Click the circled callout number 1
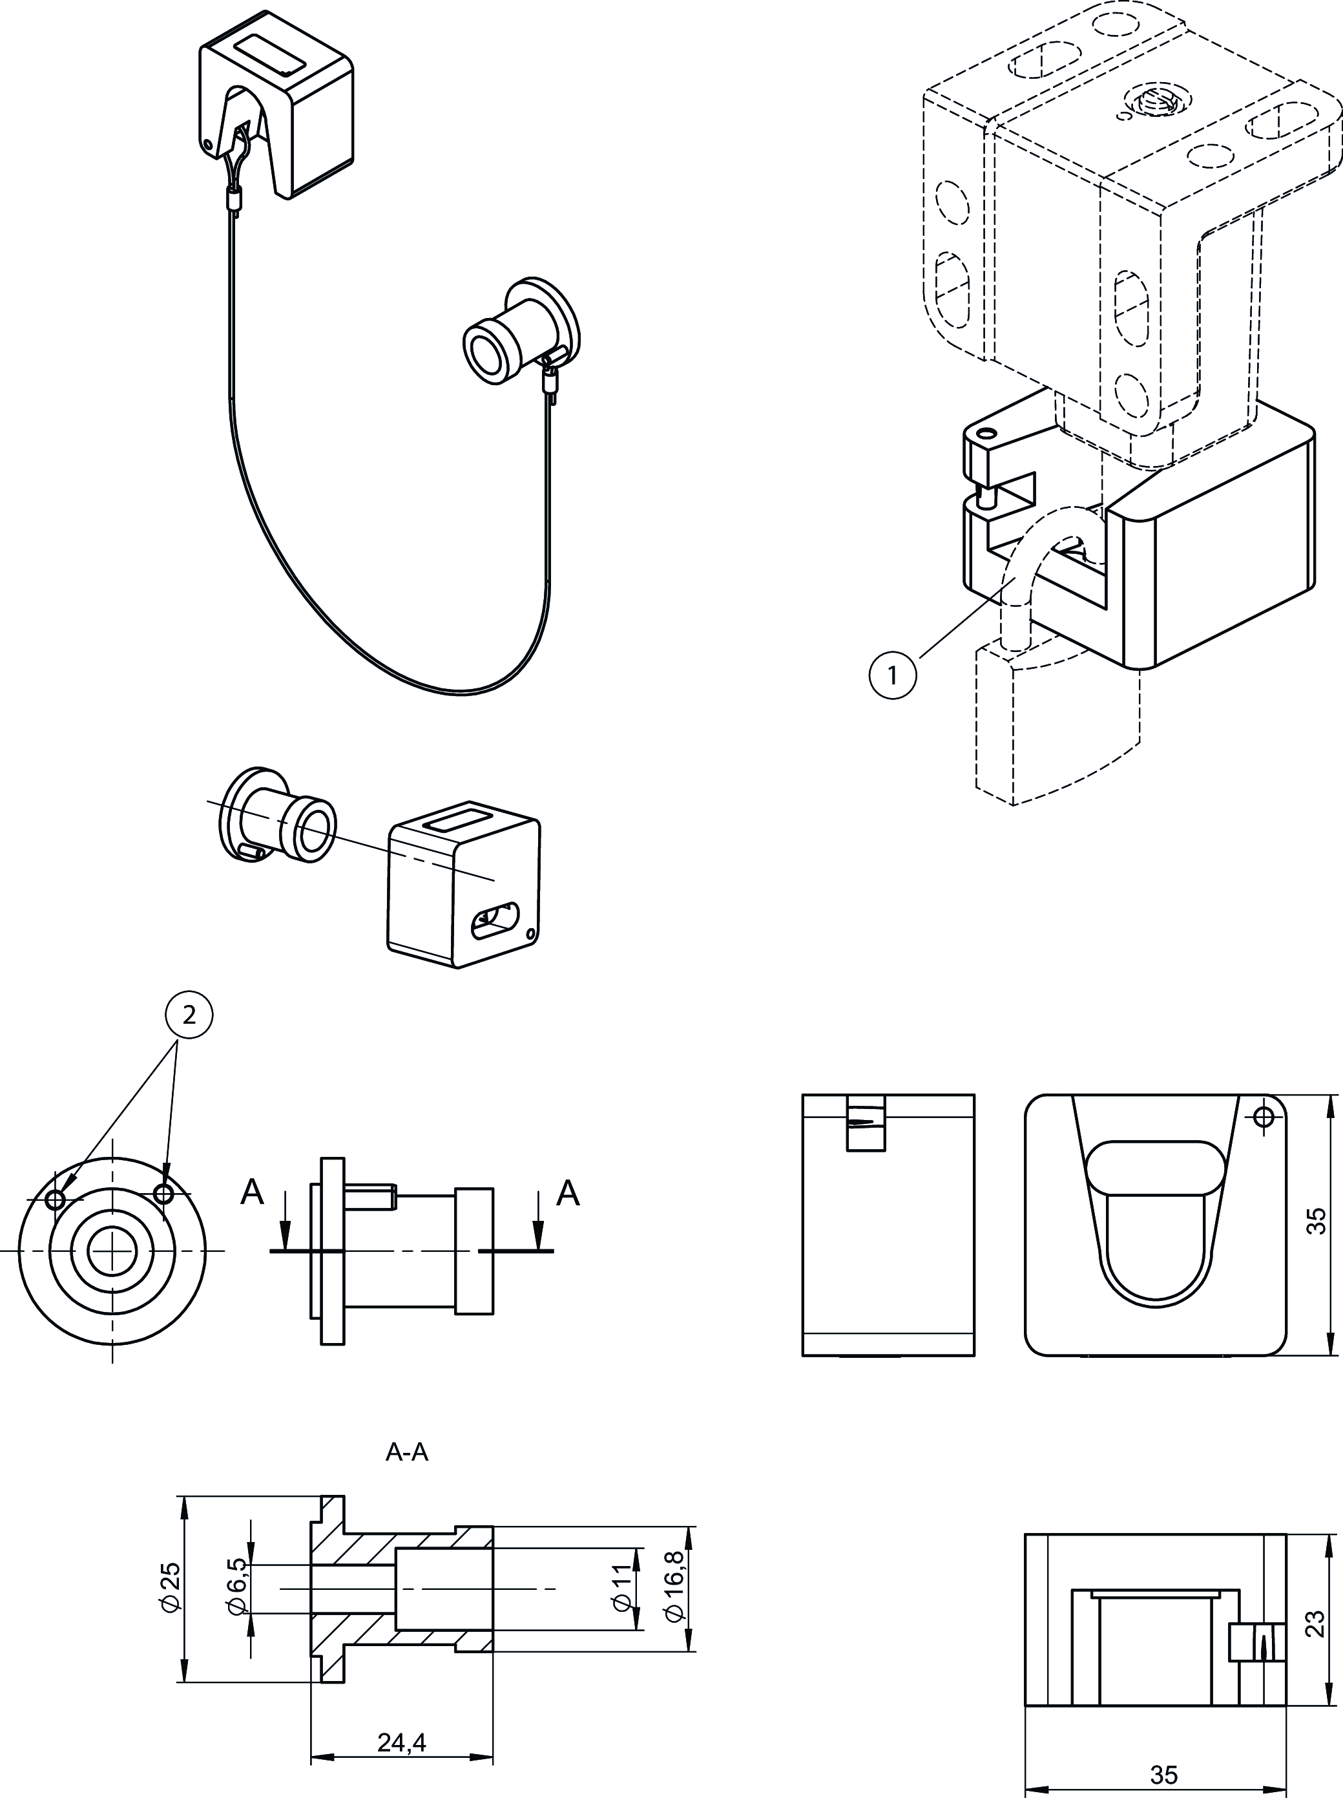[892, 675]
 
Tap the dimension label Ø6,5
[236, 1587]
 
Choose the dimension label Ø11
[621, 1587]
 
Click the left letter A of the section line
[253, 1192]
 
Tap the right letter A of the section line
[568, 1192]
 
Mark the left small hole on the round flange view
[56, 1199]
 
